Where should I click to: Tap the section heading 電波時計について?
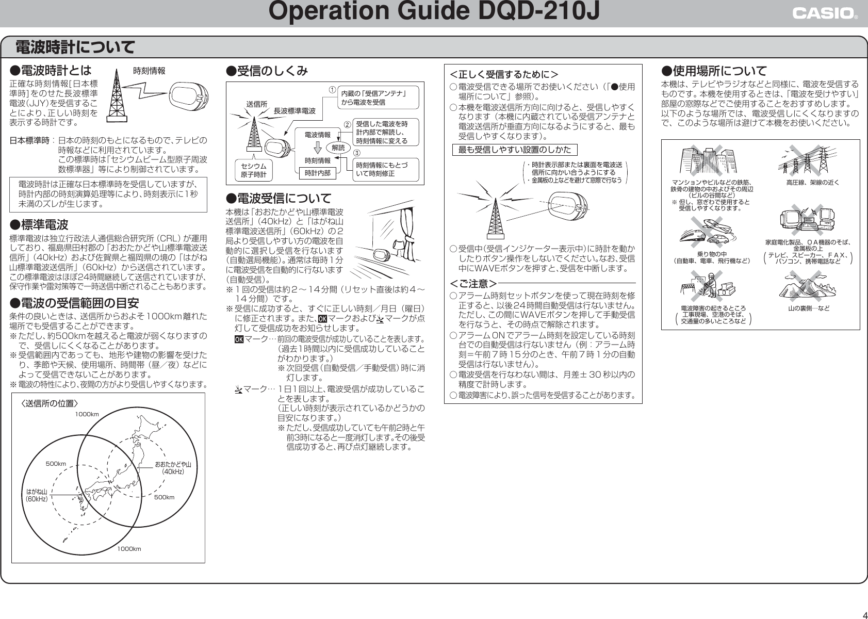(x=75, y=48)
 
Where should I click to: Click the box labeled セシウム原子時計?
(x=254, y=170)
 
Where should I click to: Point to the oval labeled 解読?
(x=338, y=148)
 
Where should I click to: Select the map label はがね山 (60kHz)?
(x=37, y=496)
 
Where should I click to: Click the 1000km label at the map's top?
(x=87, y=414)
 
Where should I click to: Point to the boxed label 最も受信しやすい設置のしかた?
(x=515, y=150)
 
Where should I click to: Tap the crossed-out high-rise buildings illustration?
(x=706, y=161)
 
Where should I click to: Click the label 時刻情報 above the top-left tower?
(x=150, y=71)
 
